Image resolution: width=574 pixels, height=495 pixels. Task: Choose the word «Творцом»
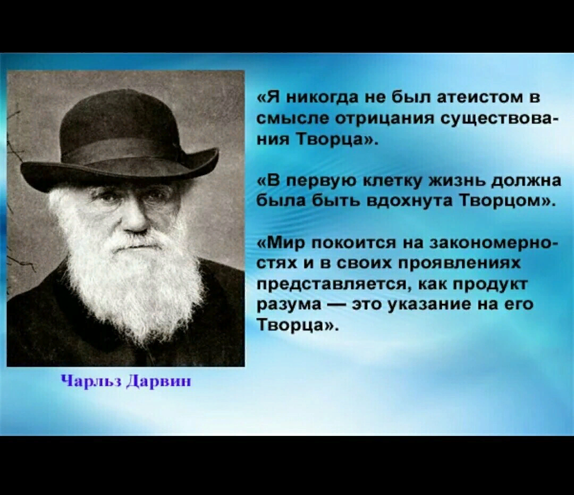[x=503, y=201]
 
